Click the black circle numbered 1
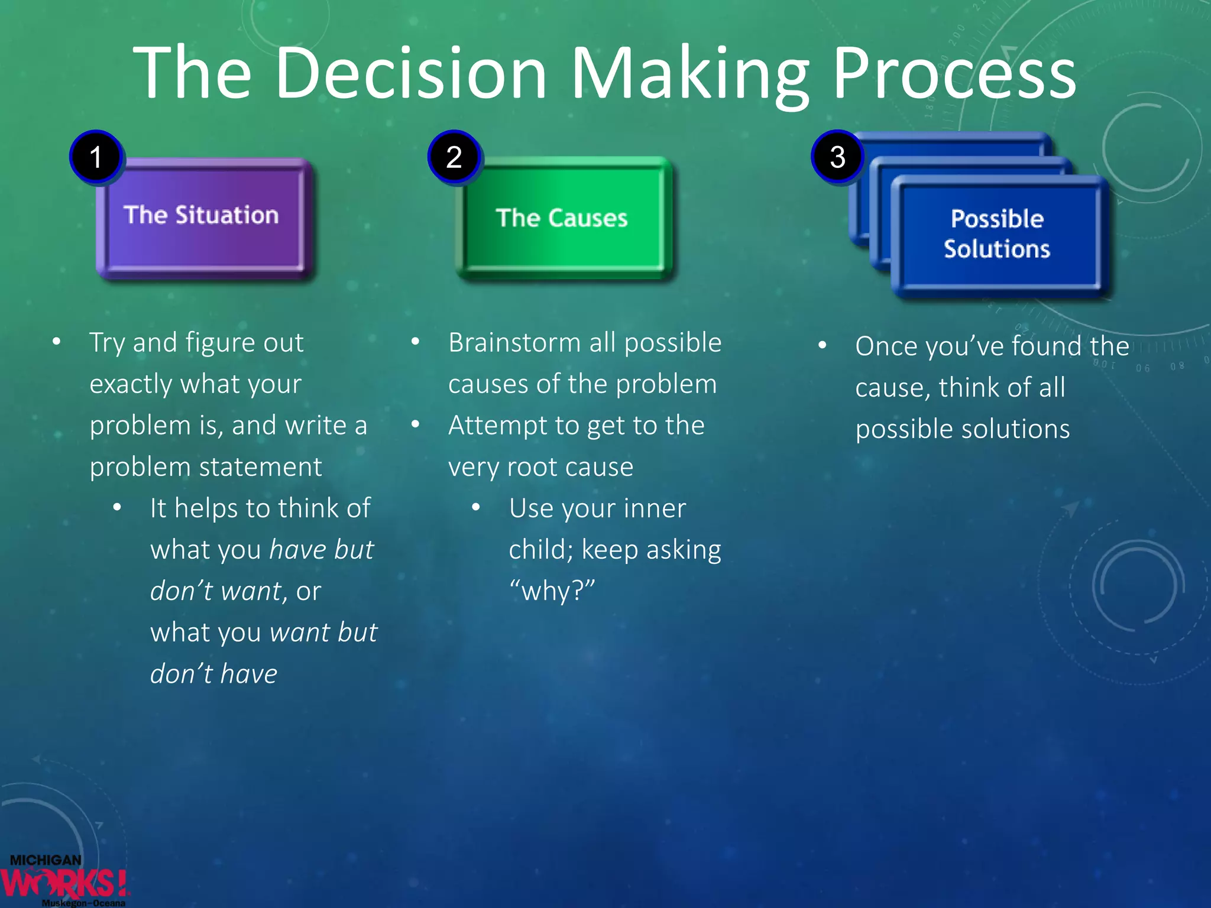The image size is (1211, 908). (x=96, y=157)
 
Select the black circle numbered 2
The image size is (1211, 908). (x=454, y=157)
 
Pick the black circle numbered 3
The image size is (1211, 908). (x=837, y=157)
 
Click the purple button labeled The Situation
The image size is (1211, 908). (x=204, y=218)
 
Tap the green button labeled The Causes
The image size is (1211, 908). (x=562, y=218)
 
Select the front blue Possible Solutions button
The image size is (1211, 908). (x=998, y=235)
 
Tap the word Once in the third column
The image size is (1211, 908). (x=886, y=346)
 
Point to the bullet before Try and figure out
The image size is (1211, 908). (x=57, y=342)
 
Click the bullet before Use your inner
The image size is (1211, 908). (x=475, y=507)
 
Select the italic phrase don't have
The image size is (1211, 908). (x=213, y=674)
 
